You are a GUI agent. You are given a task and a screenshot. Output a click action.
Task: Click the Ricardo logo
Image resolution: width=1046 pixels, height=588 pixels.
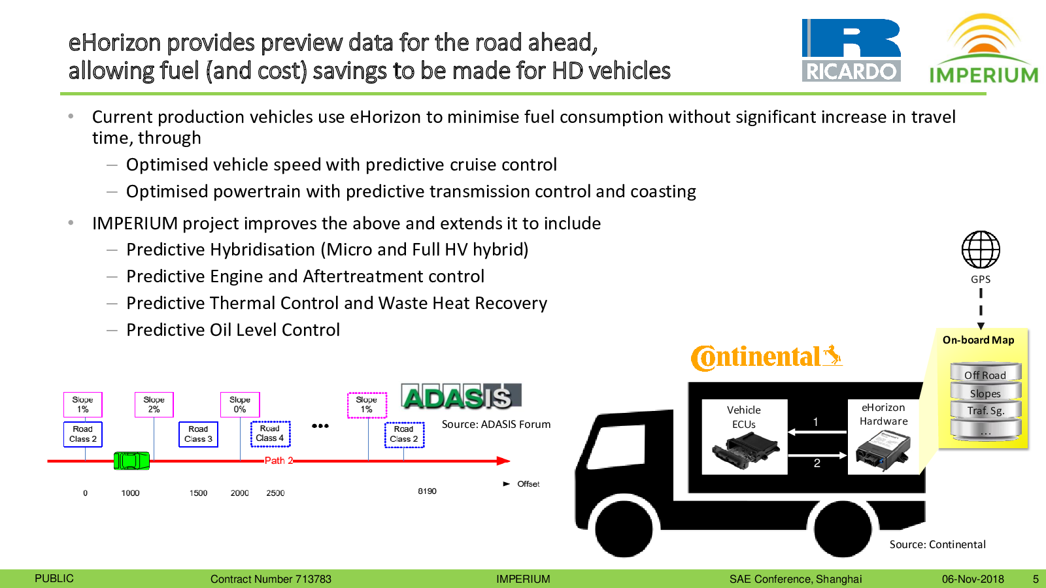coord(851,50)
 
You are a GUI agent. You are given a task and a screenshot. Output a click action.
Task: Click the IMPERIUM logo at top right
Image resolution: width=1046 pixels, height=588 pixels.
coord(983,48)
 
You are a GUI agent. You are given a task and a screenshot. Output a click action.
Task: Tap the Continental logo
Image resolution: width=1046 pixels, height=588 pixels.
coord(766,357)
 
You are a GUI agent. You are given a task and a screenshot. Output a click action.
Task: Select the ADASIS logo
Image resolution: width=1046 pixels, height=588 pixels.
coord(461,397)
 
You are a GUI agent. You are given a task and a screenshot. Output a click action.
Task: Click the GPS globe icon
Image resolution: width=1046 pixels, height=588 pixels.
coord(981,249)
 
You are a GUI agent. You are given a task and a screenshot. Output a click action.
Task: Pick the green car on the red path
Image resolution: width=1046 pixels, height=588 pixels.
coord(131,461)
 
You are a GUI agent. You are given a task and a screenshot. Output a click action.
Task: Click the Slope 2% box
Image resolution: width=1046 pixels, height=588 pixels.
coord(154,404)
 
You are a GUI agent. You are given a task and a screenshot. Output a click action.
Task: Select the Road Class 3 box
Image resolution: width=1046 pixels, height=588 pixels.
coord(198,434)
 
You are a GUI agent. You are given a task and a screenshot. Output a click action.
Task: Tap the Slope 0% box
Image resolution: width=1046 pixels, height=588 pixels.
coord(240,404)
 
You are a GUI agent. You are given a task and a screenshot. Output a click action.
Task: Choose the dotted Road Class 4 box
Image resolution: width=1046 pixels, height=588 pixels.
coord(271,434)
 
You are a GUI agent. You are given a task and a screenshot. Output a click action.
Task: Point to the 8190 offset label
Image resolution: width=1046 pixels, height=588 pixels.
coord(427,491)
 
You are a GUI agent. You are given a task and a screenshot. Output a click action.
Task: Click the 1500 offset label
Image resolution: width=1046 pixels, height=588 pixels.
coord(198,493)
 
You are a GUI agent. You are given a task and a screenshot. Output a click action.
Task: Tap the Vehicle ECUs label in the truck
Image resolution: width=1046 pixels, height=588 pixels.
coord(744,417)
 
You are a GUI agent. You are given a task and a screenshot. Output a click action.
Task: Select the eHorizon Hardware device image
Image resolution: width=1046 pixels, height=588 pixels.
coord(883,450)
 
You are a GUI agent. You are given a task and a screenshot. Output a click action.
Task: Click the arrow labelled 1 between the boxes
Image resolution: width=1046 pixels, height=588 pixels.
coord(817,432)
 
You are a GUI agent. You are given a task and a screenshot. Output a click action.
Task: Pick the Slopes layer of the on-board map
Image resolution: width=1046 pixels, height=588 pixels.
coord(985,393)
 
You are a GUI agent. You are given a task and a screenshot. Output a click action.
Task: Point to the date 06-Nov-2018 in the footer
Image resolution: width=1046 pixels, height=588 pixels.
coord(973,579)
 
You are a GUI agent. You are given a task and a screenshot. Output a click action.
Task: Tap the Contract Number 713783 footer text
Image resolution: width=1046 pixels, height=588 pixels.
coord(271,579)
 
